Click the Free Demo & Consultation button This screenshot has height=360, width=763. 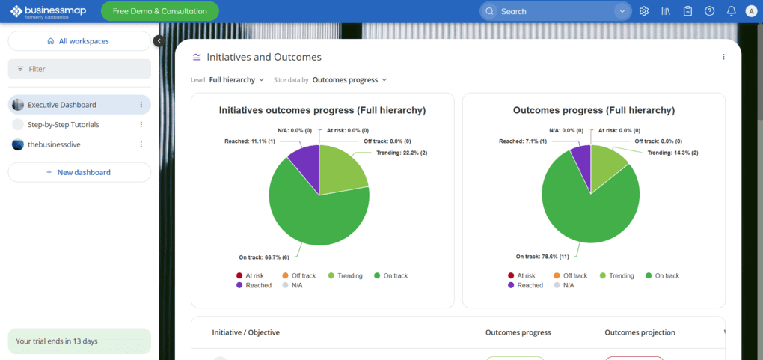click(160, 11)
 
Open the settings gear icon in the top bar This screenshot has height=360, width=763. click(644, 11)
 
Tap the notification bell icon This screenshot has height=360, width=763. click(731, 11)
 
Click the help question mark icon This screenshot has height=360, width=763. click(709, 11)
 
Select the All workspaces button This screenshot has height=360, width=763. click(79, 41)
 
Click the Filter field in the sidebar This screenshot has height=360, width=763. click(79, 69)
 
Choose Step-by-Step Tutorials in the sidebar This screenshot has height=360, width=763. click(64, 125)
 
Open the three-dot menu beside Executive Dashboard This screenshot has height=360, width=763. click(141, 105)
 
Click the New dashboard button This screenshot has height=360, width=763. click(79, 172)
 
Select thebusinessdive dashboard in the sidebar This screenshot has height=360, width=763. click(54, 144)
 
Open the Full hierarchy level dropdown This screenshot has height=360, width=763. click(236, 79)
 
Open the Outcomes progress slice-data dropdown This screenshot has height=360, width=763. click(349, 79)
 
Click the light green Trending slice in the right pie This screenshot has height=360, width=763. click(607, 163)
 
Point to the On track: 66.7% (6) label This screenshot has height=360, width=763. click(264, 257)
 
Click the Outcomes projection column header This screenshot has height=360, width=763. click(640, 332)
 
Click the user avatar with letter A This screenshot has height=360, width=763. click(751, 11)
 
